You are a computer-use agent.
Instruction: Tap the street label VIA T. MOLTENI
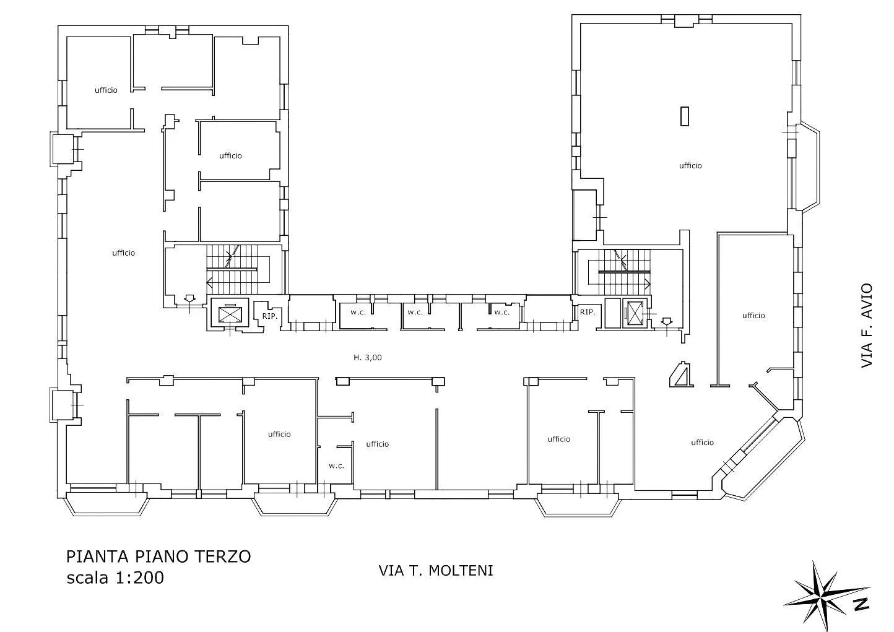(x=435, y=571)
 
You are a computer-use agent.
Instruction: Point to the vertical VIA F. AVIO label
(x=867, y=326)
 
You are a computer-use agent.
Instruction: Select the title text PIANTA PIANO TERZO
(x=158, y=556)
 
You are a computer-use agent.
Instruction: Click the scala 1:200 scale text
(x=115, y=578)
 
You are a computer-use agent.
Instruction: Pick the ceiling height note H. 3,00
(x=368, y=358)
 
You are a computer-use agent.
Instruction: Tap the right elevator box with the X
(x=635, y=314)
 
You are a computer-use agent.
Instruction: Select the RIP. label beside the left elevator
(x=270, y=316)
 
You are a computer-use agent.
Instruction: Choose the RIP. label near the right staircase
(x=588, y=312)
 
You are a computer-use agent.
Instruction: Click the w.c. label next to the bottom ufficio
(x=336, y=466)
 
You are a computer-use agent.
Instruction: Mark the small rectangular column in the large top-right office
(x=685, y=116)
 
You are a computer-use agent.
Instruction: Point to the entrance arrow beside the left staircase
(x=189, y=298)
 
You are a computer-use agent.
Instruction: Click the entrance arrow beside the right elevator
(x=667, y=321)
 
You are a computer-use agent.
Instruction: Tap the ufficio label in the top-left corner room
(x=106, y=90)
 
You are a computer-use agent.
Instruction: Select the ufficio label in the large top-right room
(x=690, y=165)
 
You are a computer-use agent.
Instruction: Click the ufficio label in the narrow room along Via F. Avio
(x=753, y=316)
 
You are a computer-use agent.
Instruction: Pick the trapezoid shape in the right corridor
(x=682, y=374)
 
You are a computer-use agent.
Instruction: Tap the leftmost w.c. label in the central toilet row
(x=358, y=313)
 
